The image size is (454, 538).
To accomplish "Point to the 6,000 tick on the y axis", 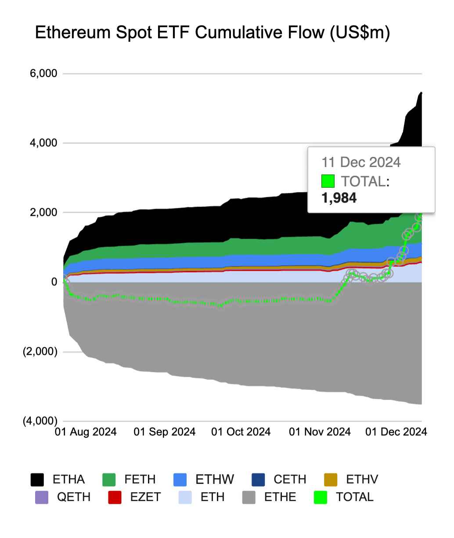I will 43,73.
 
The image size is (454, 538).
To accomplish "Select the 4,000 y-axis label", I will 43,143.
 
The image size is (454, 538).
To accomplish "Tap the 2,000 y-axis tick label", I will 43,212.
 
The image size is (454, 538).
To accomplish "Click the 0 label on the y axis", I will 54,282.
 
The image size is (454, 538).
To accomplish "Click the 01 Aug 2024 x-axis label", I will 86,432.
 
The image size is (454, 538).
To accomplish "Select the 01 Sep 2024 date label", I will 164,432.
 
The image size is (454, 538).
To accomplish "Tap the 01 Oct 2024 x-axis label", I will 241,432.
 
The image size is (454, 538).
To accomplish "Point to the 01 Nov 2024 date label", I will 320,432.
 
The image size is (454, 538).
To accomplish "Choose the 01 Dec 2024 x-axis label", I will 396,432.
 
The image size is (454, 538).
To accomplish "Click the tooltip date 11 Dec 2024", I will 361,162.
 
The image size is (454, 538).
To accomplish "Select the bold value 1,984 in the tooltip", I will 339,198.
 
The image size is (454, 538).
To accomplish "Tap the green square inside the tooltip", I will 328,181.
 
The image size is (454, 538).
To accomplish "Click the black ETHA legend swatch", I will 37,480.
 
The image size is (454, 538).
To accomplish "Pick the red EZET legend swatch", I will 115,497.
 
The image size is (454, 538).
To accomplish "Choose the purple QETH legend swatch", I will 41,497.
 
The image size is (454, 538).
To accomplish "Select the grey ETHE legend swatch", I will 249,497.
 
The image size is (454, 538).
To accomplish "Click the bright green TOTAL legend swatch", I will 321,497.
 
